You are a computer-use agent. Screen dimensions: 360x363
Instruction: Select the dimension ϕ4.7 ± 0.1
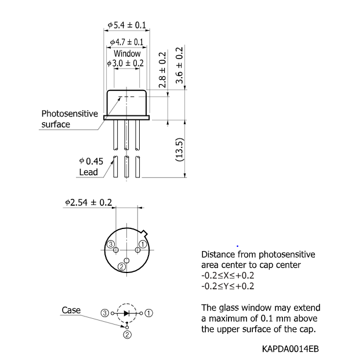[x=127, y=42]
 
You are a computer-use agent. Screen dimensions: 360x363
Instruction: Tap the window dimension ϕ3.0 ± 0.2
[x=125, y=63]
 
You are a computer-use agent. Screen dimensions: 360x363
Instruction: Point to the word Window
[x=127, y=53]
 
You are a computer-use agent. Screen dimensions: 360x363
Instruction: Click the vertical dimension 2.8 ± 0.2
[x=162, y=70]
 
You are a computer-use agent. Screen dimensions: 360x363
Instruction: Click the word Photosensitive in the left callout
[x=70, y=114]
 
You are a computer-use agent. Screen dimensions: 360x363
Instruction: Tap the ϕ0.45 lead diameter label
[x=91, y=161]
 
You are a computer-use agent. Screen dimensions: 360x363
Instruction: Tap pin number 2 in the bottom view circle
[x=121, y=267]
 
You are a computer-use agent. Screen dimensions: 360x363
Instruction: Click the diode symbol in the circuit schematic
[x=126, y=312]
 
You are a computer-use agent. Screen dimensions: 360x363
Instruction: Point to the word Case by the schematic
[x=71, y=310]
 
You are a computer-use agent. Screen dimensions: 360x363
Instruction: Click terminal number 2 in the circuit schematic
[x=126, y=333]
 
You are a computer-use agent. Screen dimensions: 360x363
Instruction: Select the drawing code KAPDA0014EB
[x=290, y=348]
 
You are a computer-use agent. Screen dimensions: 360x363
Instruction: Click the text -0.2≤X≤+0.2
[x=227, y=275]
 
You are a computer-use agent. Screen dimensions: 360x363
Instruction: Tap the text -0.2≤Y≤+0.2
[x=227, y=286]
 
